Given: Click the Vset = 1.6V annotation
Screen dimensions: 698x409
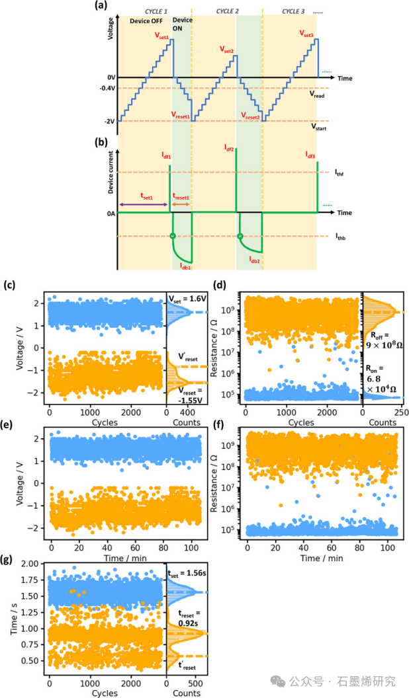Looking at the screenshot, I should [x=187, y=298].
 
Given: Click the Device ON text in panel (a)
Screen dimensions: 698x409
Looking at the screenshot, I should [x=182, y=24].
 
